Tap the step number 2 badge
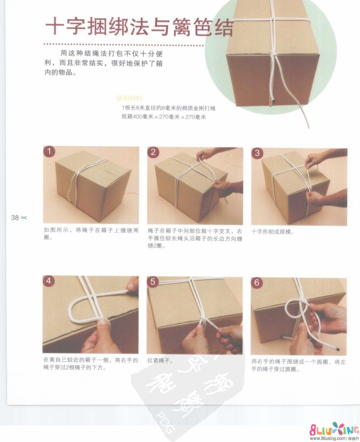tap(153, 152)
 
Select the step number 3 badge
tap(257, 153)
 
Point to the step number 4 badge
tap(49, 281)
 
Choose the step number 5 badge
tap(153, 282)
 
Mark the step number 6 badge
tap(257, 282)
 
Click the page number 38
tap(15, 218)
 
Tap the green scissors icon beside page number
tap(24, 218)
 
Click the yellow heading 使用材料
tap(130, 98)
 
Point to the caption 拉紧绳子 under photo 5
tap(160, 361)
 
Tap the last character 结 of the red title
tap(221, 28)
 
